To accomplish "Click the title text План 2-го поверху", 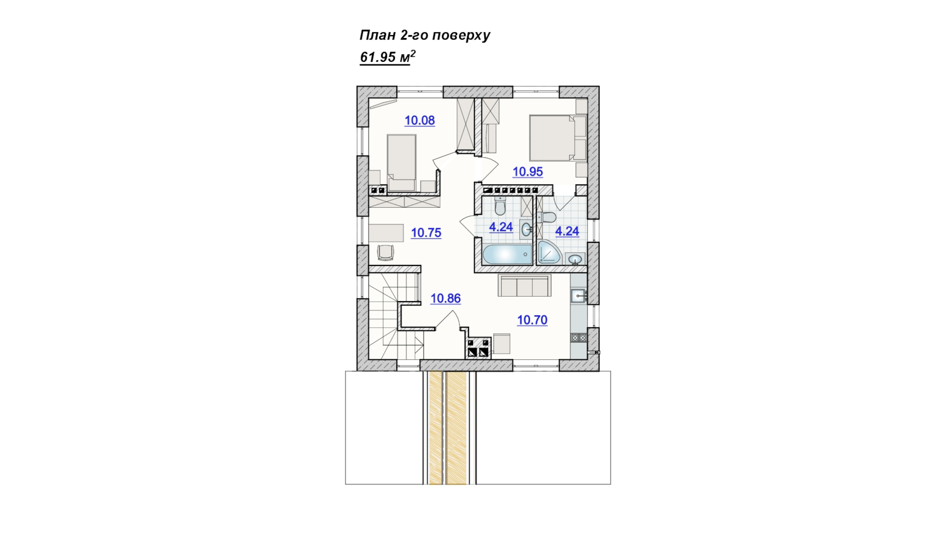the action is click(x=425, y=35).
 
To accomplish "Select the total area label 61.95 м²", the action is click(x=388, y=57).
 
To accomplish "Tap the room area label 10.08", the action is click(x=420, y=120).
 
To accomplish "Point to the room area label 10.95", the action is click(x=527, y=172).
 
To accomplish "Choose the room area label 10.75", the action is click(x=426, y=232).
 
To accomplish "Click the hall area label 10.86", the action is click(x=445, y=298).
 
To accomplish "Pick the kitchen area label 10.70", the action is click(x=532, y=320).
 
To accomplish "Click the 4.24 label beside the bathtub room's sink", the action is click(x=501, y=227).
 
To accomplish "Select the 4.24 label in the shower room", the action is click(x=567, y=231).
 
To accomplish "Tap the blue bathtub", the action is click(x=507, y=255).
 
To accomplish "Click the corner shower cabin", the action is click(x=549, y=252).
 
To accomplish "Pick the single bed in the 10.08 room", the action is click(x=401, y=162).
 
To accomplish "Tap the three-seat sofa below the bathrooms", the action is click(x=524, y=285).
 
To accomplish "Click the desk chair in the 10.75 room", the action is click(x=386, y=252).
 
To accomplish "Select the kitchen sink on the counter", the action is click(x=578, y=296).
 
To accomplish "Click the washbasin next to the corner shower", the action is click(x=575, y=259).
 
